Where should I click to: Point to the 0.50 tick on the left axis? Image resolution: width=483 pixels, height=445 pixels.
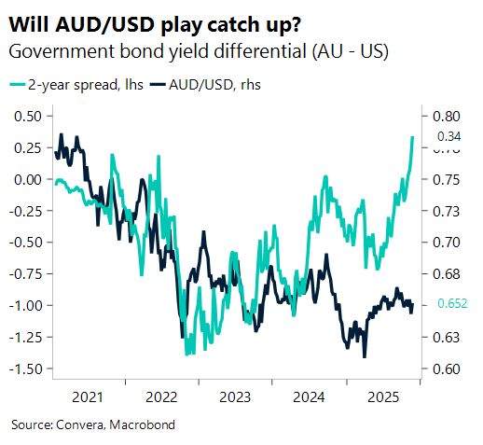[x=30, y=117]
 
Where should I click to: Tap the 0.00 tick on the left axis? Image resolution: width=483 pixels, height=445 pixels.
[x=30, y=179]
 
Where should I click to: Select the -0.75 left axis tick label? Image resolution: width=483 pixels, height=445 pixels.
[x=28, y=274]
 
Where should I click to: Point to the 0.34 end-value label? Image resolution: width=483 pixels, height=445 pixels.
[x=450, y=136]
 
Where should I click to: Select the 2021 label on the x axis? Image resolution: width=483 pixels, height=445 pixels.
[x=88, y=396]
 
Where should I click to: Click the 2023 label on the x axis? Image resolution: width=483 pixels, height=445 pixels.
[x=235, y=396]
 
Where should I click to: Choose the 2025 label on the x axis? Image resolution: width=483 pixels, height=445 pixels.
[x=381, y=396]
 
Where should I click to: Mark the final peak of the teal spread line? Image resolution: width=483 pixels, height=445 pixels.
[x=413, y=137]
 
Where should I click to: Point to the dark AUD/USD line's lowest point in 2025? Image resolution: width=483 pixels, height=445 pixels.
[x=365, y=356]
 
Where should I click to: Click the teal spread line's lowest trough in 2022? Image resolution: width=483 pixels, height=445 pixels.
[x=187, y=354]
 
